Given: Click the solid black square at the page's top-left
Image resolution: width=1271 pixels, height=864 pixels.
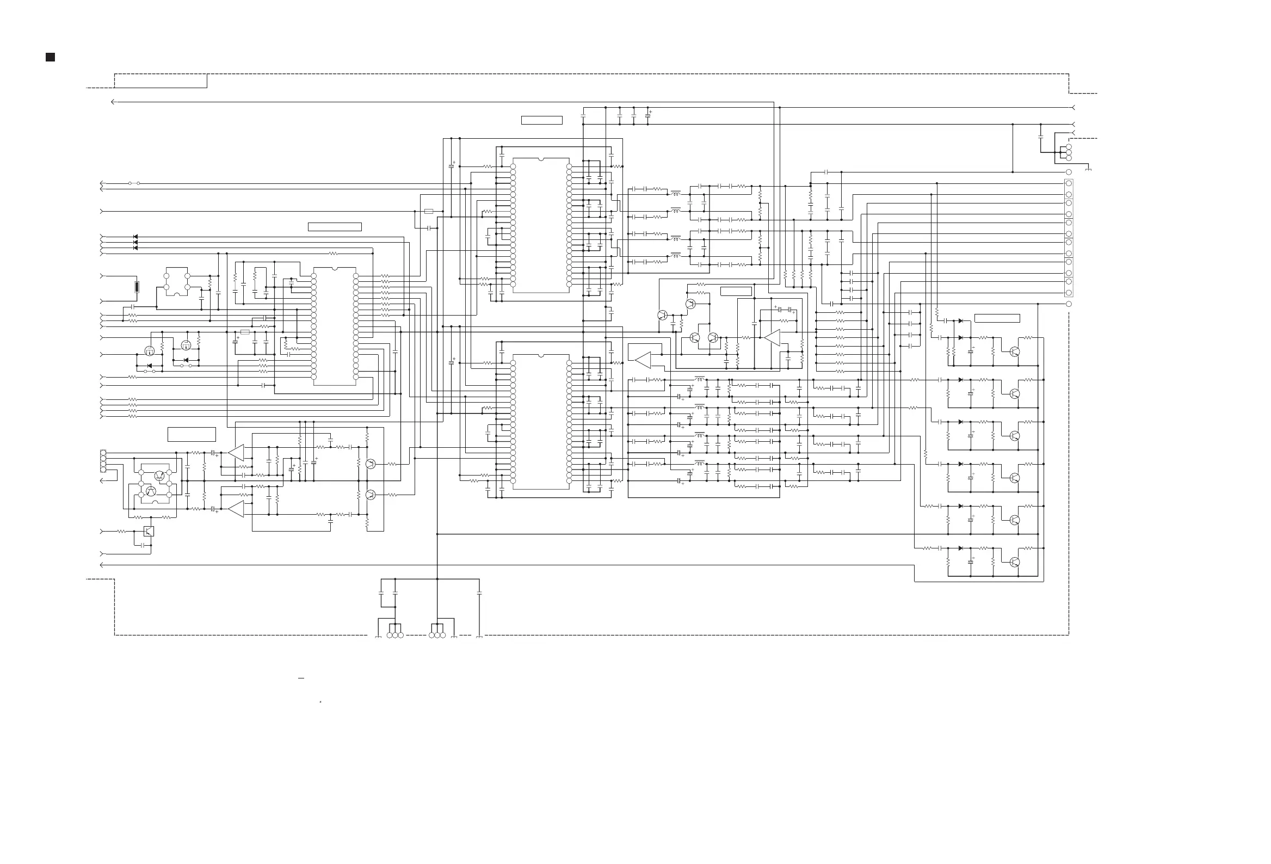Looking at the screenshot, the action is [50, 57].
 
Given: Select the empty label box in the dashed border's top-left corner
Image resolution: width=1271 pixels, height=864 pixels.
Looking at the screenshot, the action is [161, 81].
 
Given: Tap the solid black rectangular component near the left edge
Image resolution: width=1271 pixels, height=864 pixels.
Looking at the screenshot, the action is [137, 287].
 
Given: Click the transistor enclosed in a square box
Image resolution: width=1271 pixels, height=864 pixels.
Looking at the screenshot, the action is [148, 531].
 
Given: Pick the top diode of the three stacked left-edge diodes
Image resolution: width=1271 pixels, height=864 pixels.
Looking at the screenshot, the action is [135, 237].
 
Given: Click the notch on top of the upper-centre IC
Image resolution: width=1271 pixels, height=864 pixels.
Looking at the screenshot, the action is [541, 159].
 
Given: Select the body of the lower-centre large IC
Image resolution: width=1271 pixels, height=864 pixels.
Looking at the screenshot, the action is [541, 422].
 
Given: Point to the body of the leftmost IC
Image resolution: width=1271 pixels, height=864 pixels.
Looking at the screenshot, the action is [335, 327].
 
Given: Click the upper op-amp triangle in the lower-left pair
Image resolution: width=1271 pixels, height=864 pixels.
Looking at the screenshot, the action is [236, 453].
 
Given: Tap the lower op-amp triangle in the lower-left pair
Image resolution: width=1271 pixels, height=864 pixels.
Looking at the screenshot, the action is [236, 509].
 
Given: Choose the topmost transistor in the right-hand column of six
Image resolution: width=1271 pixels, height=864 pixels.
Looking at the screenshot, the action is [1015, 351].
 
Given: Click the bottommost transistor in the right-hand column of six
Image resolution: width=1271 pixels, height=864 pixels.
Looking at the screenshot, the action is [1015, 561].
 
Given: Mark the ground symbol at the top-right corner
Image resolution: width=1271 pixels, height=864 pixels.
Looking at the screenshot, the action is [1088, 170].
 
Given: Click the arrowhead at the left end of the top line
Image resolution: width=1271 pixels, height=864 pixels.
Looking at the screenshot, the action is [113, 102].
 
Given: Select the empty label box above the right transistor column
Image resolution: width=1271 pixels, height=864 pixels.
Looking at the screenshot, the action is [997, 318].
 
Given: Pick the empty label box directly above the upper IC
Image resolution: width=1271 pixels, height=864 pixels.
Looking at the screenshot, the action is [541, 120].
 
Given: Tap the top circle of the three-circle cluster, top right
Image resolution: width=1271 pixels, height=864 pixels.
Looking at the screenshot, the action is [1069, 147].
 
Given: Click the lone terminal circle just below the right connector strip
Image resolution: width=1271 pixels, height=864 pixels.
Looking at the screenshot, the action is [1069, 304].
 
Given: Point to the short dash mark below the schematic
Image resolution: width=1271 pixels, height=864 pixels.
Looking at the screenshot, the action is [301, 678].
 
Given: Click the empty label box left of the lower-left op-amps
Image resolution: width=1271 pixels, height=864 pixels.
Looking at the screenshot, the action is [192, 434].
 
